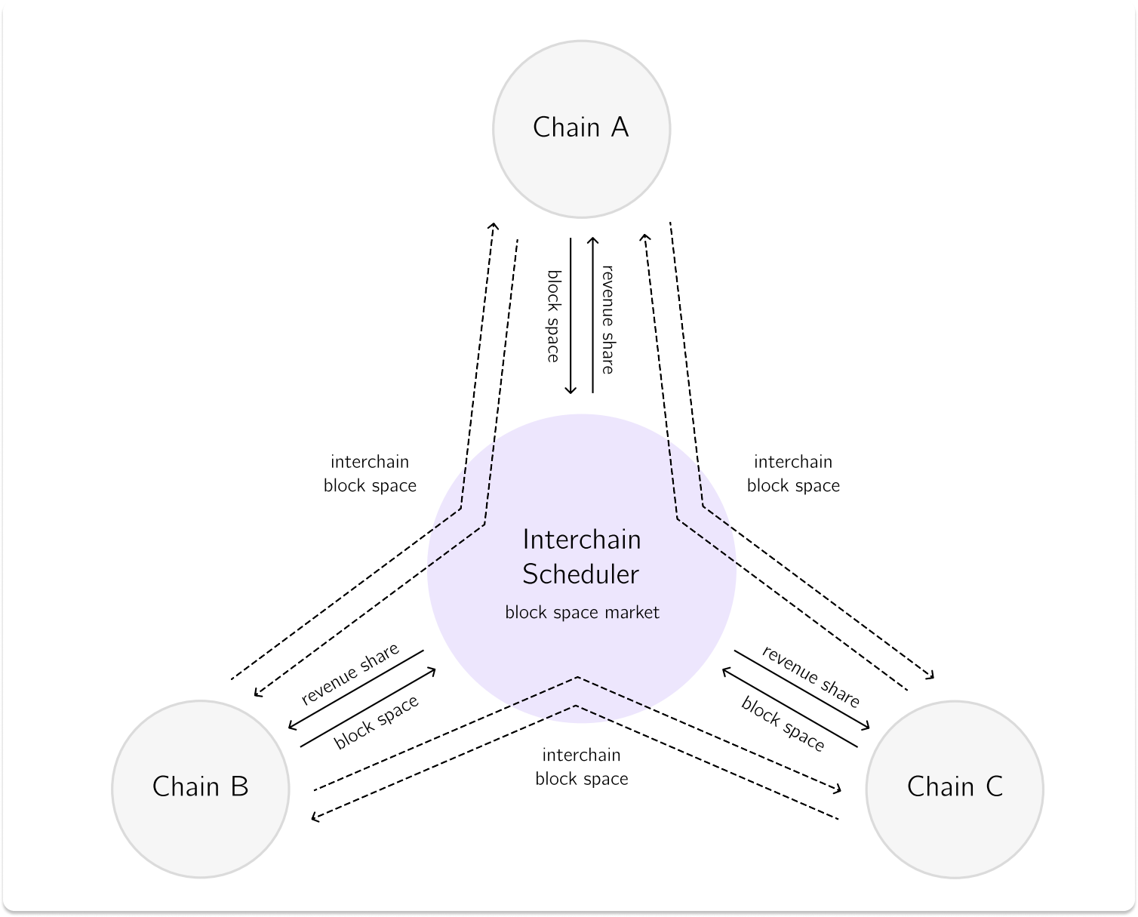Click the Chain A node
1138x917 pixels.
(581, 128)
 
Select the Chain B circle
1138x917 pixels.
(200, 788)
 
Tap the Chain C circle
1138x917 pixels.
(955, 788)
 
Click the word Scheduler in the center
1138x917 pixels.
(580, 574)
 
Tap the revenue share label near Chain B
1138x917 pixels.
(349, 673)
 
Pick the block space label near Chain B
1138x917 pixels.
(376, 723)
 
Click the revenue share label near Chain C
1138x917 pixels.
(810, 676)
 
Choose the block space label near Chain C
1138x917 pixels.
(783, 725)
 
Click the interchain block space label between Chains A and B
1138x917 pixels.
(370, 473)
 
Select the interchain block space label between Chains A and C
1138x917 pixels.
(793, 473)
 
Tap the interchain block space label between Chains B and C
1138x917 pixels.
(581, 767)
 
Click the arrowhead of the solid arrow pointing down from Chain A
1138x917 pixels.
(571, 389)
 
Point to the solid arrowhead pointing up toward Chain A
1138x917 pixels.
(592, 242)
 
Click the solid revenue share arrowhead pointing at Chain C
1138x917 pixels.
(866, 726)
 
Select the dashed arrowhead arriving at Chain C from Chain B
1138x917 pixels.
(837, 789)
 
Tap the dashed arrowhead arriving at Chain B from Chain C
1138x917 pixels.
(316, 817)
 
